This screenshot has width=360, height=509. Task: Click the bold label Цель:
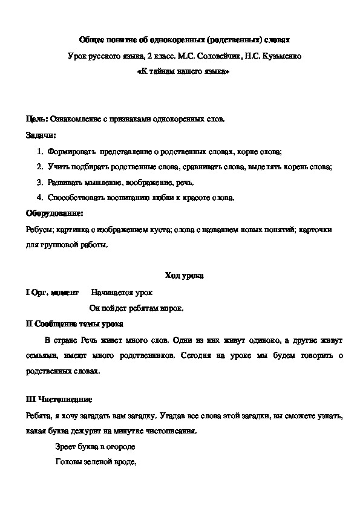pyautogui.click(x=37, y=119)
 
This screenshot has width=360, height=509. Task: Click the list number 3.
pyautogui.click(x=39, y=182)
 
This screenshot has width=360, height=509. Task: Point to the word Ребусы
pyautogui.click(x=39, y=230)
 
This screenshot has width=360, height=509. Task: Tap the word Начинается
pyautogui.click(x=111, y=293)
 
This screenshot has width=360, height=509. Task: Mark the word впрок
pyautogui.click(x=172, y=308)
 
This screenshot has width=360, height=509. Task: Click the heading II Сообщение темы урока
pyautogui.click(x=74, y=324)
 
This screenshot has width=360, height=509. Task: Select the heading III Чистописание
pyautogui.click(x=59, y=400)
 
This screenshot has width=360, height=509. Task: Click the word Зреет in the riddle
pyautogui.click(x=66, y=447)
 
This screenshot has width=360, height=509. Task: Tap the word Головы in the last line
pyautogui.click(x=69, y=463)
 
